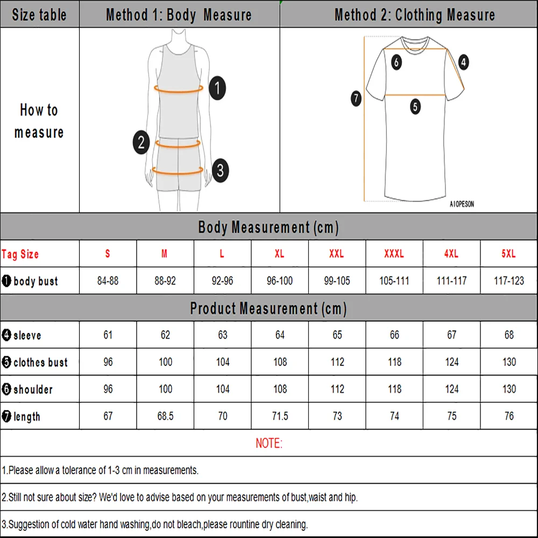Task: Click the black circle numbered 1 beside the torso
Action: (x=217, y=88)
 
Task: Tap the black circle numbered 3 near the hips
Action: (x=220, y=171)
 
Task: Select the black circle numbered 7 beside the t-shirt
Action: (x=356, y=99)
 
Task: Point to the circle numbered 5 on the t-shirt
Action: (x=415, y=107)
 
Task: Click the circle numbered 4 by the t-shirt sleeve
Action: (x=463, y=62)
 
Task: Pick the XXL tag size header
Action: (x=337, y=254)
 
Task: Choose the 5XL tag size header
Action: (x=508, y=254)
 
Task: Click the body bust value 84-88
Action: (x=108, y=281)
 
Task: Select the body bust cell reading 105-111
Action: (x=394, y=281)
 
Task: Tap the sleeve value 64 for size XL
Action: (x=280, y=335)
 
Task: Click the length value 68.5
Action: (x=165, y=416)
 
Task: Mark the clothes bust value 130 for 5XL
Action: (x=509, y=362)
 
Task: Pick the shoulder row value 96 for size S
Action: (x=108, y=389)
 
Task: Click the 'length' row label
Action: (x=26, y=416)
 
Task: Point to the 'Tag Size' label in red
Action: (x=20, y=254)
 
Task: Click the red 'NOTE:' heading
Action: (x=268, y=443)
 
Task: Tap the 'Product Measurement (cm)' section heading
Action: (x=268, y=309)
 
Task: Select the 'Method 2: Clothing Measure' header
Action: (x=414, y=15)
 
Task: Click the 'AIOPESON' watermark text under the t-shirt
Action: (x=462, y=204)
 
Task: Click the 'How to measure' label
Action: (x=39, y=121)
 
